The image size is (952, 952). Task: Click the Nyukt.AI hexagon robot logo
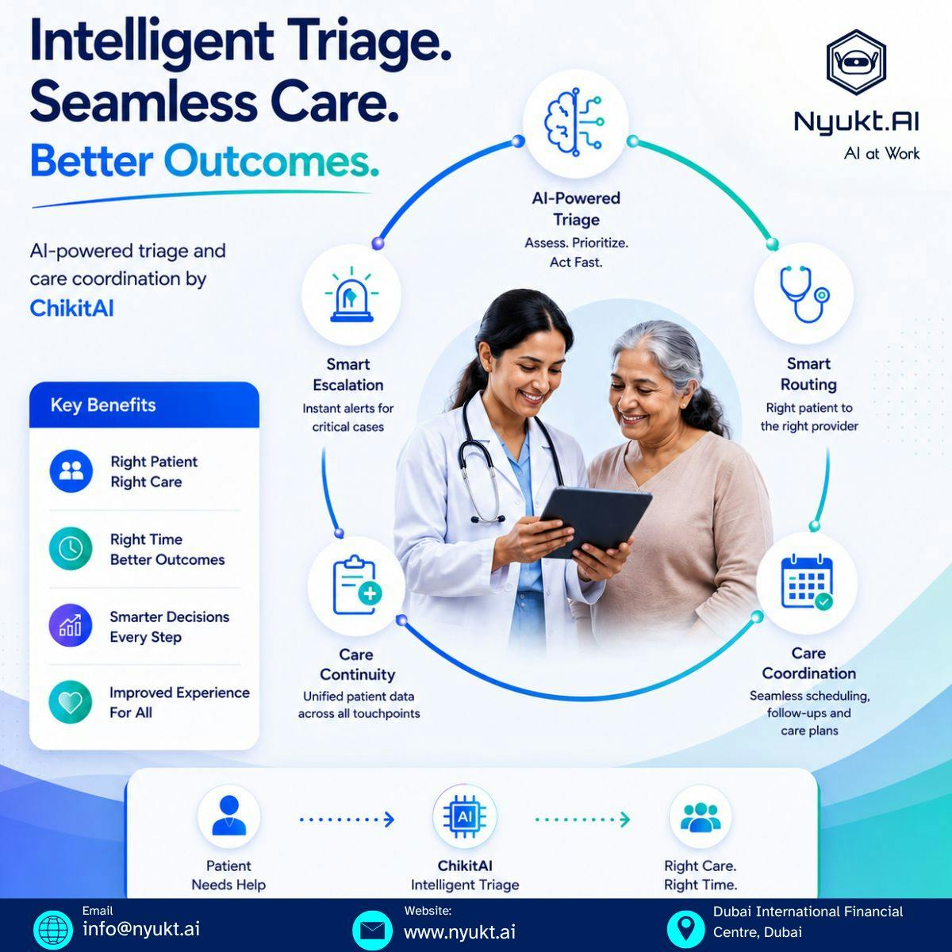(x=856, y=63)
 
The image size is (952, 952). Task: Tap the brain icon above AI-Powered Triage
(x=574, y=122)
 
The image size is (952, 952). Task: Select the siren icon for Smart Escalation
(x=351, y=295)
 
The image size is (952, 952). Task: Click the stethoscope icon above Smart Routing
(x=804, y=294)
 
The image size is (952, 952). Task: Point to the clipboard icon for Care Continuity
(x=357, y=585)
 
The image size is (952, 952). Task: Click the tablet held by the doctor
(x=595, y=522)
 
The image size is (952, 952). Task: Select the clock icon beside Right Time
(x=71, y=548)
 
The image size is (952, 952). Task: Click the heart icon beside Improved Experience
(x=71, y=702)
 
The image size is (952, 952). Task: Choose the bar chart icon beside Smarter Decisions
(x=71, y=625)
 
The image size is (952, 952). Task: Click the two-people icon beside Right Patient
(x=71, y=470)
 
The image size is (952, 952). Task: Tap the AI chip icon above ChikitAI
(x=464, y=817)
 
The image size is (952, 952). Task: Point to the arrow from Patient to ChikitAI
(x=347, y=820)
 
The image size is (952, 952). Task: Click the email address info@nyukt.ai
(x=141, y=929)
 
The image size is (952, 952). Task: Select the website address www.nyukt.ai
(x=459, y=932)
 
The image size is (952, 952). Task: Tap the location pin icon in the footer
(x=685, y=929)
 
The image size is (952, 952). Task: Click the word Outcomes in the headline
(x=271, y=161)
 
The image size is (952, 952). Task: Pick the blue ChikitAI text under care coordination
(x=71, y=309)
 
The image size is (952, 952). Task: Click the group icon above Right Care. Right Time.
(x=701, y=817)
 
